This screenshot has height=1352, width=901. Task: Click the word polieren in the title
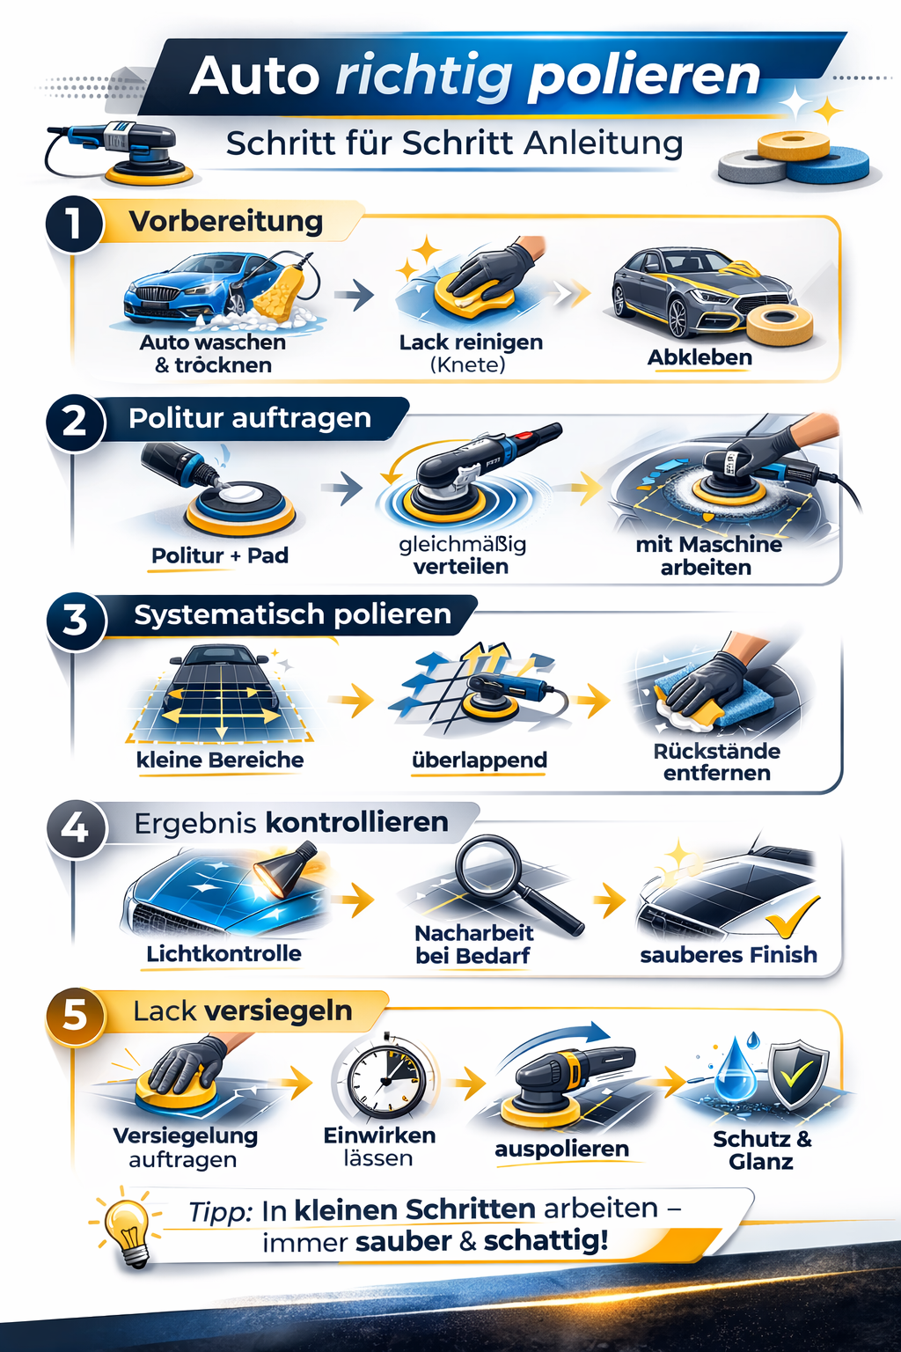pos(644,77)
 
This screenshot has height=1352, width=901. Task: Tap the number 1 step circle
pos(74,224)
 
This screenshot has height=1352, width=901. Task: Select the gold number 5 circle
pos(76,1016)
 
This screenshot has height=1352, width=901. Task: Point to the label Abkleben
pos(700,357)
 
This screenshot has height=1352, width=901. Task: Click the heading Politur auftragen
pos(250,418)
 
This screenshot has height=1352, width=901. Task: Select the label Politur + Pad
pos(220,555)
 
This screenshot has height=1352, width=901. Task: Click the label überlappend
pos(480,760)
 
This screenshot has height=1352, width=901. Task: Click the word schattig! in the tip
pos(546,1241)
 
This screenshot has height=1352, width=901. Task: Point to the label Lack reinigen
pos(471,342)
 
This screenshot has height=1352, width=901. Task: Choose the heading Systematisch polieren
pos(292,614)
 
